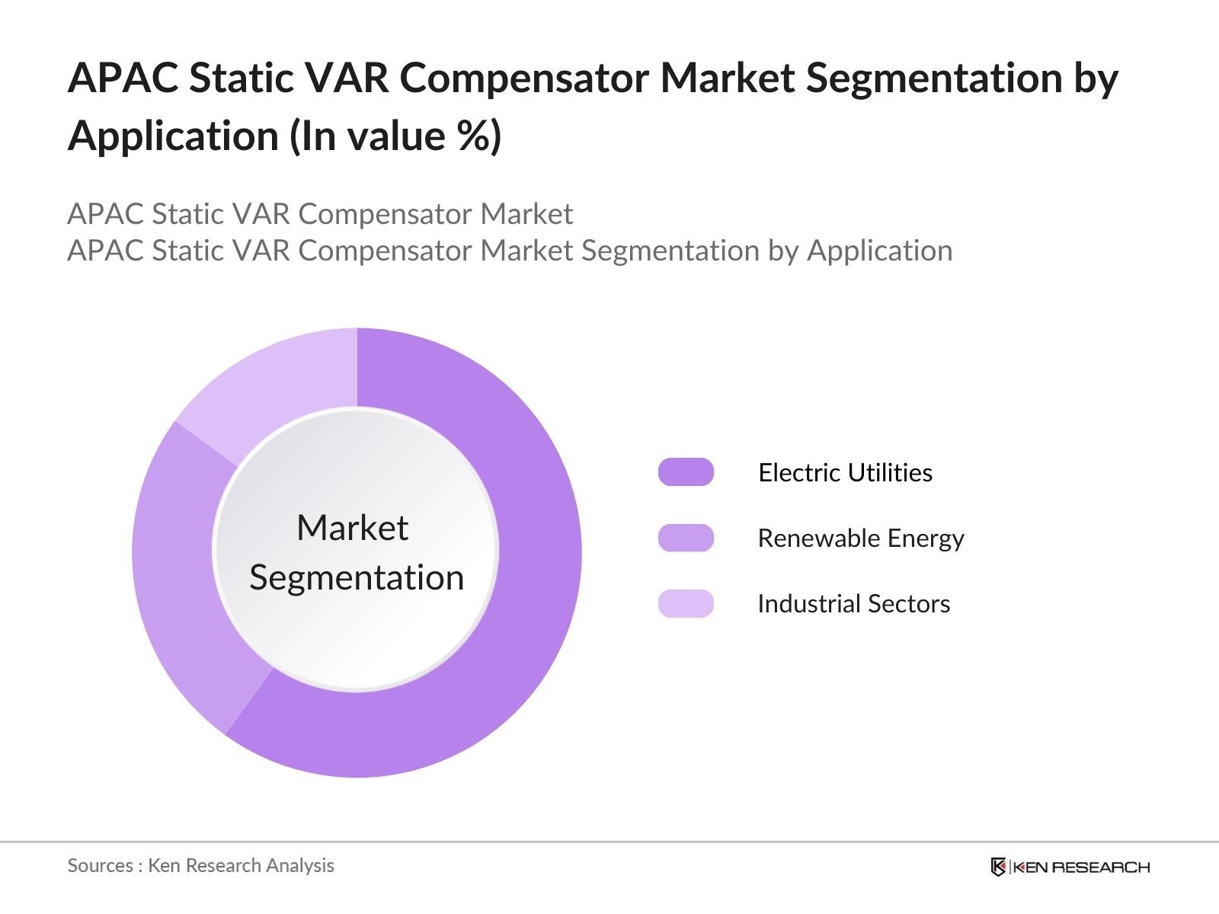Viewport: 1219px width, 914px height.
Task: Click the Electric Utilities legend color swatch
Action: click(x=686, y=472)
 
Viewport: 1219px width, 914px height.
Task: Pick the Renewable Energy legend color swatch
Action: click(x=686, y=538)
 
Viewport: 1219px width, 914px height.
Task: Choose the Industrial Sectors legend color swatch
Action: click(x=686, y=603)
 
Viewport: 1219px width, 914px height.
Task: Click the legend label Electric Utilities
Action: click(x=845, y=473)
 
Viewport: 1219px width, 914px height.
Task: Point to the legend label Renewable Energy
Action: click(x=860, y=538)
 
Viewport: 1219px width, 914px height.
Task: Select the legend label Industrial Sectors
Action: click(x=853, y=604)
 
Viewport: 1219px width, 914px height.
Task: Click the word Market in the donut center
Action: click(x=352, y=528)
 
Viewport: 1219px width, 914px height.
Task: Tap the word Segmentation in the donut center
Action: click(x=357, y=577)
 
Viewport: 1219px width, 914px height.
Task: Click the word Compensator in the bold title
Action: click(x=523, y=78)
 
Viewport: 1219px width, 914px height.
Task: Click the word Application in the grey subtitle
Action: click(x=879, y=251)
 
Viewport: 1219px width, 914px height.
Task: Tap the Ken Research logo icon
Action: click(x=998, y=867)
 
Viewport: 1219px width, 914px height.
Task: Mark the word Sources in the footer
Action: click(x=101, y=865)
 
